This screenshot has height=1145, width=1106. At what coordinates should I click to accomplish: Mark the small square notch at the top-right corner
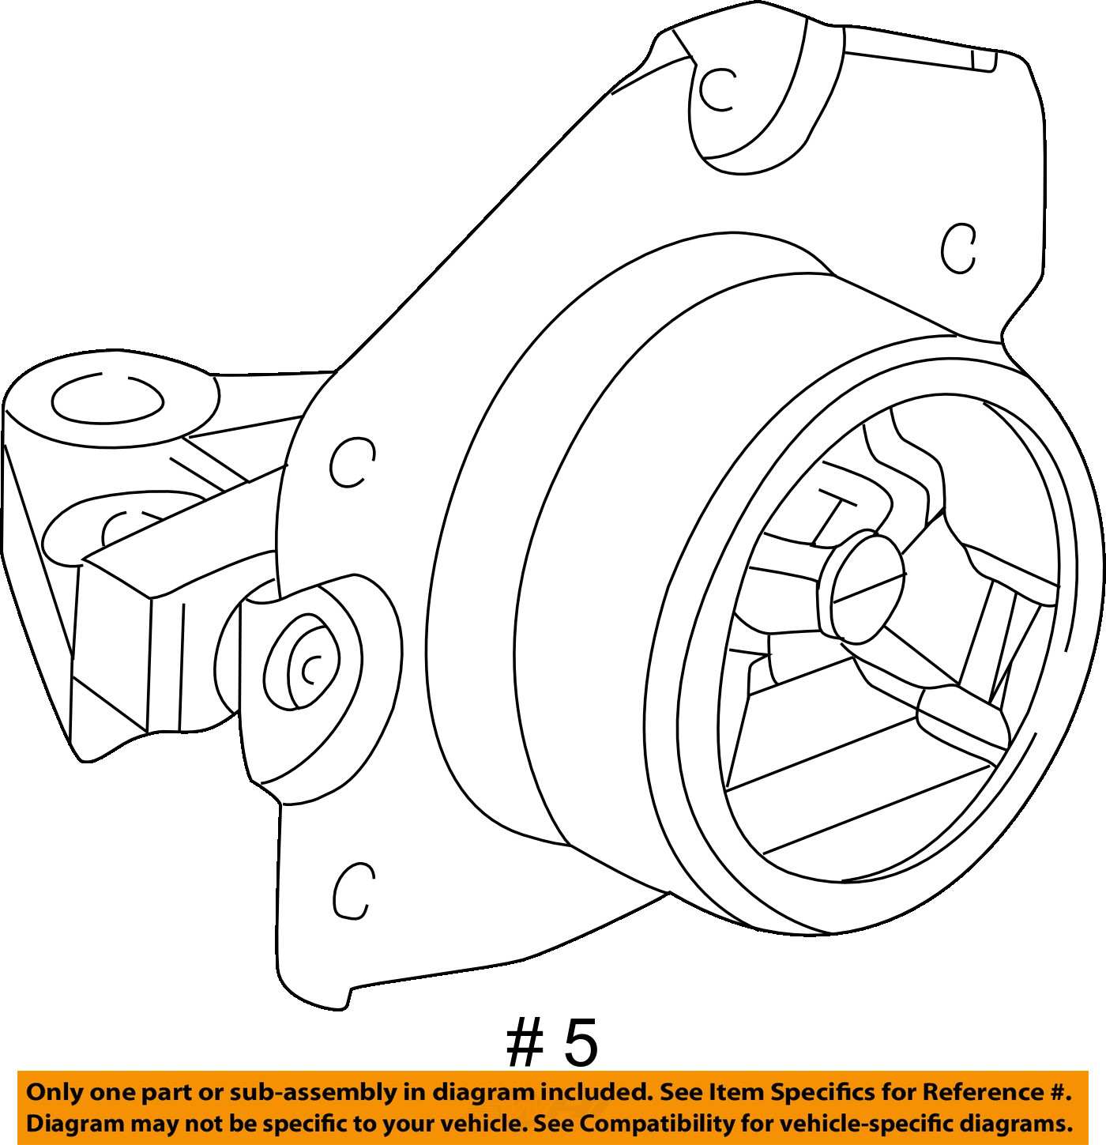pos(984,61)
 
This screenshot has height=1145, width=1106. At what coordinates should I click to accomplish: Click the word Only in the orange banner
pos(54,1093)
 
